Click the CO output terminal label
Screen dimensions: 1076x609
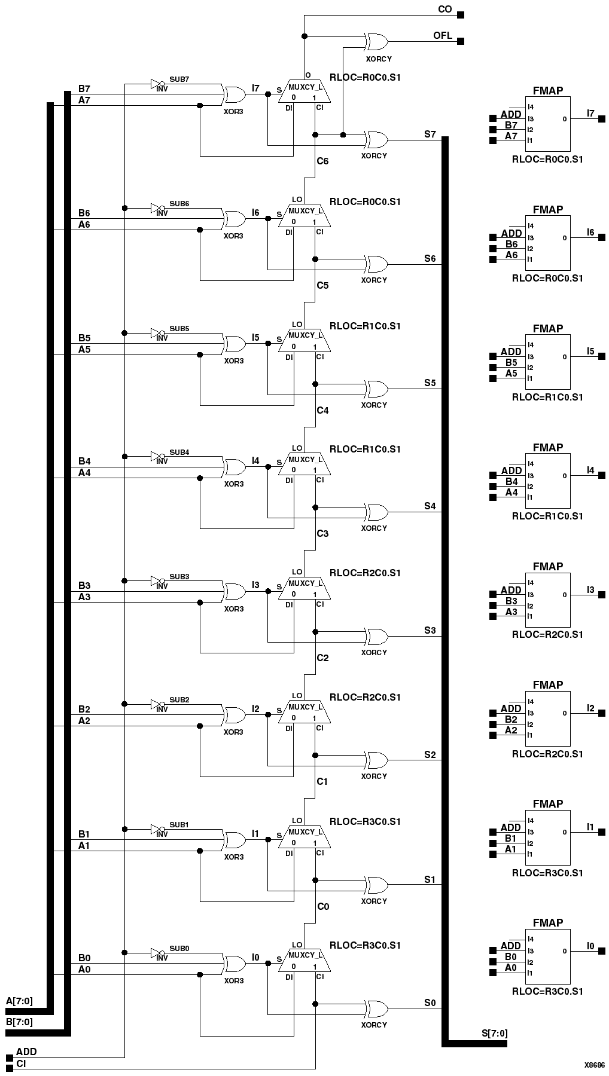[444, 10]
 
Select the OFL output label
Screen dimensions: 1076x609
[443, 36]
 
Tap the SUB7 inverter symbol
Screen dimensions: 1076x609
[157, 84]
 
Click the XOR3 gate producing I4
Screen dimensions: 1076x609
[235, 467]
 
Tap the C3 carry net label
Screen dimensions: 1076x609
[322, 533]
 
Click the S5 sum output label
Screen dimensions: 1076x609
[430, 383]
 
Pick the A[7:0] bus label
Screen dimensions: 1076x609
[19, 1001]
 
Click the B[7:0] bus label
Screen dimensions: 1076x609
[19, 1022]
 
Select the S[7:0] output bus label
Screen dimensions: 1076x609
[495, 1033]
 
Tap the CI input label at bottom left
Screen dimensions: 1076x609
[21, 1064]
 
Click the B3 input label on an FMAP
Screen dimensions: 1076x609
[511, 601]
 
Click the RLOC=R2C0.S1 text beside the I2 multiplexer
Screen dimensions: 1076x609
[365, 697]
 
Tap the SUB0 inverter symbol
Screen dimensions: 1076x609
[157, 953]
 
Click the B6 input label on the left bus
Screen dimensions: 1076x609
[84, 213]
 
